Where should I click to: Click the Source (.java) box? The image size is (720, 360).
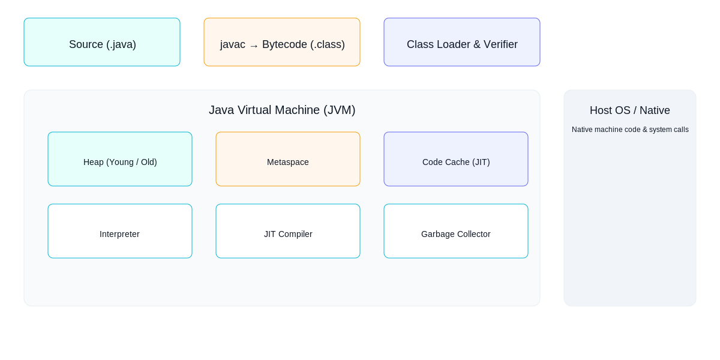pyautogui.click(x=102, y=42)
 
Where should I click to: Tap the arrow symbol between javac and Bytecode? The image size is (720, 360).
pyautogui.click(x=254, y=46)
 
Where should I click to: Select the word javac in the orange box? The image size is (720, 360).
pyautogui.click(x=233, y=44)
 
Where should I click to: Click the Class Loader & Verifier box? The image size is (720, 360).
pyautogui.click(x=462, y=42)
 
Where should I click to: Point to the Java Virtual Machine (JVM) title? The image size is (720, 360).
pyautogui.click(x=282, y=110)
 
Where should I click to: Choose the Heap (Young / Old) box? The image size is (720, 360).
pyautogui.click(x=120, y=159)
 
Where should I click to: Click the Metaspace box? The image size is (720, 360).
pyautogui.click(x=288, y=159)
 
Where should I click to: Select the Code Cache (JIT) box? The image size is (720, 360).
pyautogui.click(x=456, y=159)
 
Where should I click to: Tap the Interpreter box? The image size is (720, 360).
pyautogui.click(x=120, y=231)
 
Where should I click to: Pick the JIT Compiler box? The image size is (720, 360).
pyautogui.click(x=288, y=231)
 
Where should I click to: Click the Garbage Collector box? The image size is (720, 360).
pyautogui.click(x=456, y=231)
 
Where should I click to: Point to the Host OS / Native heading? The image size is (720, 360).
pyautogui.click(x=630, y=110)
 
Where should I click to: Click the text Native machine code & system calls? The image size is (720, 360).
pyautogui.click(x=630, y=130)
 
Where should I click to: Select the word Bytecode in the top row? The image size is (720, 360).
pyautogui.click(x=284, y=44)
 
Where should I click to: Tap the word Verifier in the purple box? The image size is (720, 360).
pyautogui.click(x=498, y=44)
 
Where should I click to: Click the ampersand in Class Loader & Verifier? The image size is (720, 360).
pyautogui.click(x=473, y=44)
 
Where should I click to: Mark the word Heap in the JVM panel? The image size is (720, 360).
pyautogui.click(x=94, y=162)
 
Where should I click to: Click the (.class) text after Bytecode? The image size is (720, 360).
pyautogui.click(x=328, y=44)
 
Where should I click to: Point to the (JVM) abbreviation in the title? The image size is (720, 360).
pyautogui.click(x=340, y=110)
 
